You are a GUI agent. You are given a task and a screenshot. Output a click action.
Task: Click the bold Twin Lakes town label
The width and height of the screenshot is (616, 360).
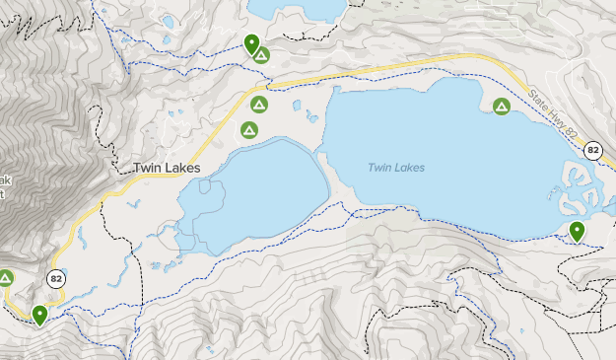[167, 169]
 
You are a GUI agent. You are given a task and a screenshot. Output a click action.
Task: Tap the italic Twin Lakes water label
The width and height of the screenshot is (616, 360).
[396, 168]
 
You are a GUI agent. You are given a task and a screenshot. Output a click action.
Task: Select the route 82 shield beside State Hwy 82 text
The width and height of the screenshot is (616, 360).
[592, 150]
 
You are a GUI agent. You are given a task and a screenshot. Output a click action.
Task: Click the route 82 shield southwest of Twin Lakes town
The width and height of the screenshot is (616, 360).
[56, 279]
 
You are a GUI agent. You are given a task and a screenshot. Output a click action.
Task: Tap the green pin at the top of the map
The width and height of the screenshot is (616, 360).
[251, 43]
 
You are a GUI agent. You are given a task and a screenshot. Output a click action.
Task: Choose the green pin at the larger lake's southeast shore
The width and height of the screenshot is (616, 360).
[577, 231]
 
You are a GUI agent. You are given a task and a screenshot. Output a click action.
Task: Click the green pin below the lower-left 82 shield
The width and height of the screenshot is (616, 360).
[39, 315]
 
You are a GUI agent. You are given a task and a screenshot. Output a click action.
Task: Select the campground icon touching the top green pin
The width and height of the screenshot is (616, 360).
[261, 55]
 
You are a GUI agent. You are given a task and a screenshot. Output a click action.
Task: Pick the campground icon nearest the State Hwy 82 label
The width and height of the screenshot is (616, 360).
[502, 107]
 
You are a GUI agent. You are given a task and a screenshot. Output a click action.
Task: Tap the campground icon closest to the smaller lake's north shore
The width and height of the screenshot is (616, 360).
[248, 129]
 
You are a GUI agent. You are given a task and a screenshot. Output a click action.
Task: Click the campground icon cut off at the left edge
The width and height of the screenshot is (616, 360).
[5, 278]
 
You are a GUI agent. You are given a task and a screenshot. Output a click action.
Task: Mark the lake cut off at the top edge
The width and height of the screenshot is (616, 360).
[296, 9]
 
